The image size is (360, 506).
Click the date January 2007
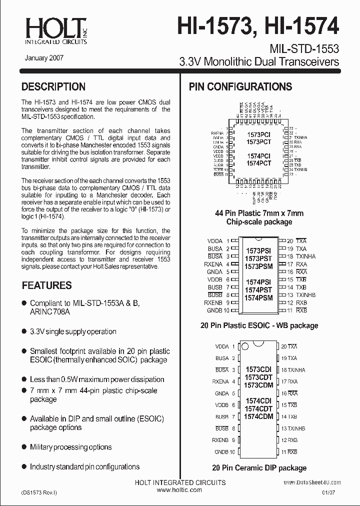coord(43,58)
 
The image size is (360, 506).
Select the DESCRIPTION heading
coord(53,87)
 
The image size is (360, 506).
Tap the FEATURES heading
coord(46,285)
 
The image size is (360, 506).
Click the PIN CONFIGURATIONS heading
coord(240,87)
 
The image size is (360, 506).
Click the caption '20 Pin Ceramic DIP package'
coord(259,468)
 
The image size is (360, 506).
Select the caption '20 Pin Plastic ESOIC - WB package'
coord(259,325)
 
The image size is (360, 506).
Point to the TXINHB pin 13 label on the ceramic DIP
coord(295,428)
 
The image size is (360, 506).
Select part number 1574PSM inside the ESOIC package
coord(258,297)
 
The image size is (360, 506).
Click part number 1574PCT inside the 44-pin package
coord(258,163)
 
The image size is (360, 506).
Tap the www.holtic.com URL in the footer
coord(179,490)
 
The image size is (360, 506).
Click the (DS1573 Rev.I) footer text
coord(39,492)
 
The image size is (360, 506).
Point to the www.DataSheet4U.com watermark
coord(312,482)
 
